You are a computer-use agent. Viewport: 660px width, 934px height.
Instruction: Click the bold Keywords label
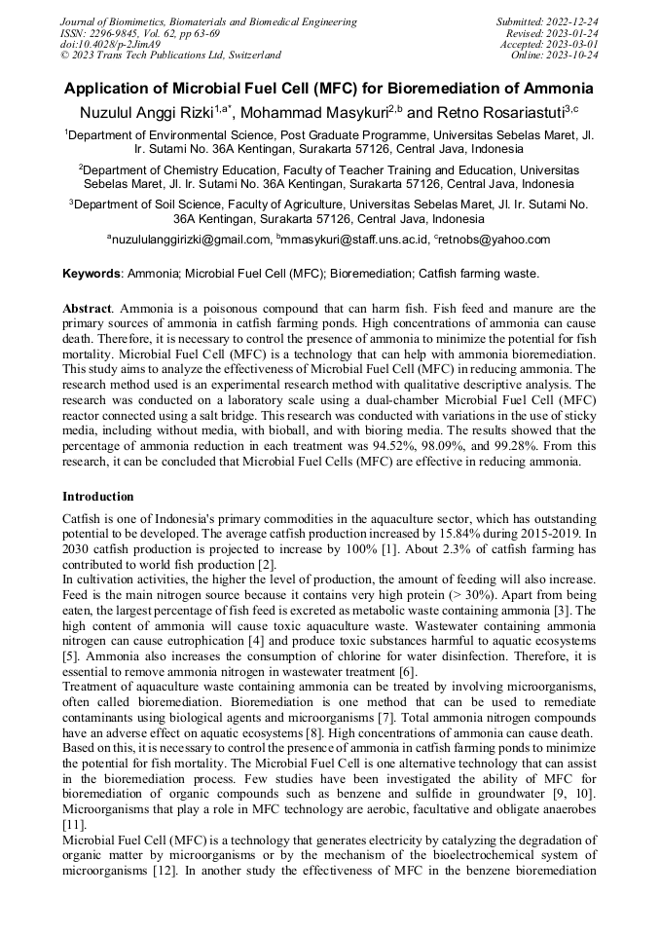pyautogui.click(x=92, y=274)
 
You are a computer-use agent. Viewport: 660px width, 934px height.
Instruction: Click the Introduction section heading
pyautogui.click(x=98, y=496)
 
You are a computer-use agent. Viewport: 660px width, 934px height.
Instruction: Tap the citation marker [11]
pyautogui.click(x=73, y=823)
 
